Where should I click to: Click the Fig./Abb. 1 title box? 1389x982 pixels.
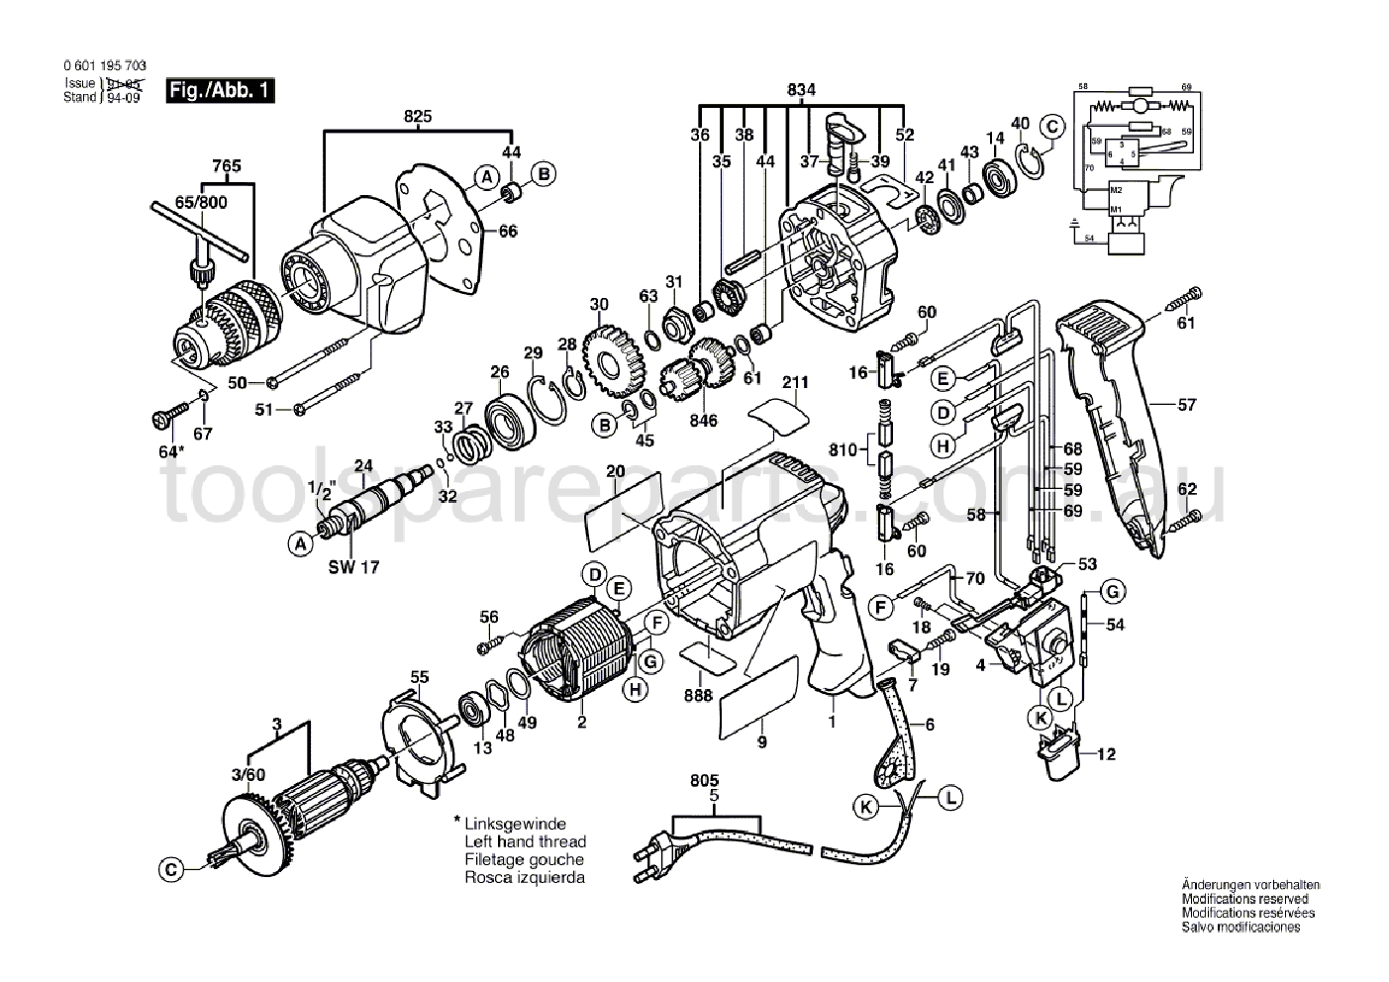coord(219,90)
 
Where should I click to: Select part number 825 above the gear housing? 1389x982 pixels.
coord(417,117)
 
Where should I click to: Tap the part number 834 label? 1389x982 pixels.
coord(801,90)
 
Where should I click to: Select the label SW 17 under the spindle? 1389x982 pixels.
coord(353,568)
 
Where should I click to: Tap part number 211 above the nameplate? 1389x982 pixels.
coord(795,382)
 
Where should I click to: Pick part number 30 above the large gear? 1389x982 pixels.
coord(598,304)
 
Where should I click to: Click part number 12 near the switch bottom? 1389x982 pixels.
coord(1106,754)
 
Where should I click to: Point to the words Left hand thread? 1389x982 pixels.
coord(525,841)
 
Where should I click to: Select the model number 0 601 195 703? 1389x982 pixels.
coord(97,64)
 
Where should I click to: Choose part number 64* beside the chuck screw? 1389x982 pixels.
coord(171,451)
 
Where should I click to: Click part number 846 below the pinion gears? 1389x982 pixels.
coord(704,420)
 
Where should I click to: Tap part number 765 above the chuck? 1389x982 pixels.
coord(227,167)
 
